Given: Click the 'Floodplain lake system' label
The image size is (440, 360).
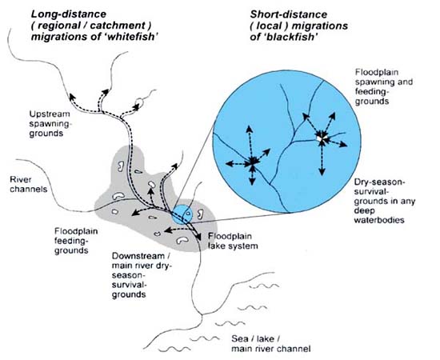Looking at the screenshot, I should (233, 242).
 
